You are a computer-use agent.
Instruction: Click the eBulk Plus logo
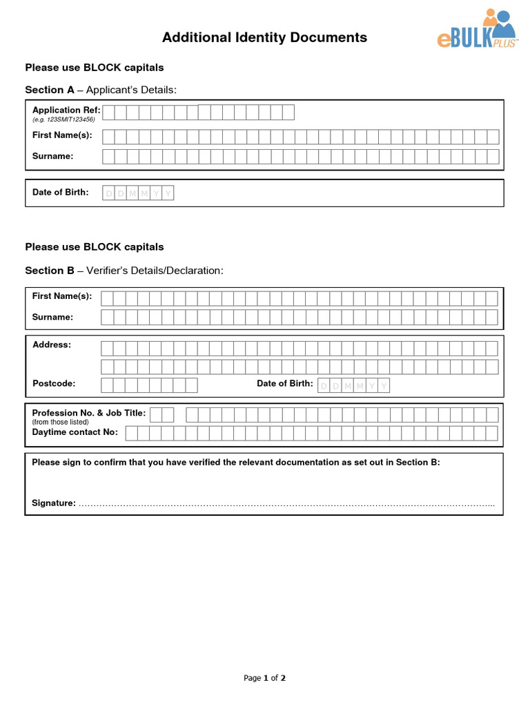[x=476, y=30]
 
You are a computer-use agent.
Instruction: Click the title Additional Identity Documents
[x=264, y=38]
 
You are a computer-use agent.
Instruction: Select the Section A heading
[x=101, y=90]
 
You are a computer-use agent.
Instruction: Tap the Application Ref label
[x=66, y=110]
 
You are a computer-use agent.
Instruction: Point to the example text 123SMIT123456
[x=63, y=119]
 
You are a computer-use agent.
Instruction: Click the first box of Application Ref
[x=109, y=113]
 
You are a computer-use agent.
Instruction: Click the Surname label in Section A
[x=52, y=156]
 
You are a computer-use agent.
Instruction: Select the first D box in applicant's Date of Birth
[x=108, y=193]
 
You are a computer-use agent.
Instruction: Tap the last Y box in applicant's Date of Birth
[x=168, y=193]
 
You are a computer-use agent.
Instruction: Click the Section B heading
[x=124, y=271]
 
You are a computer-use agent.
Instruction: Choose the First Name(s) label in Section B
[x=62, y=296]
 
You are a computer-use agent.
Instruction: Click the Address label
[x=52, y=345]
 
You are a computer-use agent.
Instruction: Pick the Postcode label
[x=54, y=383]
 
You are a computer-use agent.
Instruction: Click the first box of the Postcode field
[x=107, y=385]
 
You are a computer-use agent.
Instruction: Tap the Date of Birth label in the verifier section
[x=285, y=383]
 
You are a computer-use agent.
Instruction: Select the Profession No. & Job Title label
[x=89, y=413]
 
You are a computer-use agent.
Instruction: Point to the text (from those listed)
[x=61, y=422]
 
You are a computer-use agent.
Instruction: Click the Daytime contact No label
[x=75, y=432]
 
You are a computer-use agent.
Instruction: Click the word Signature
[x=54, y=503]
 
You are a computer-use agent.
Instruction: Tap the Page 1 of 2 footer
[x=264, y=678]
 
